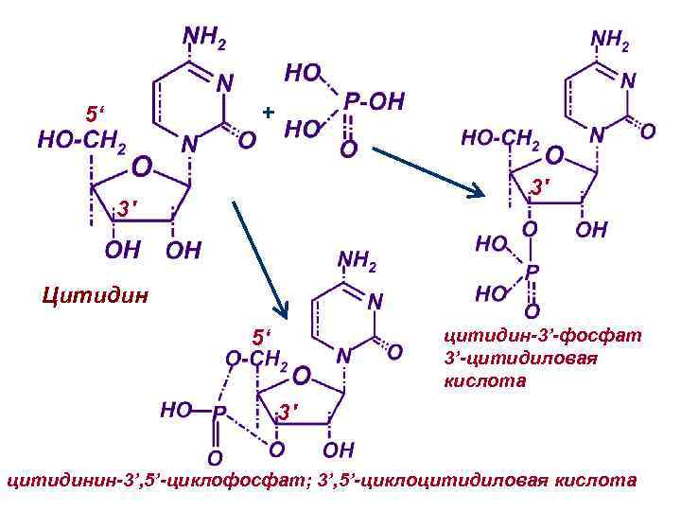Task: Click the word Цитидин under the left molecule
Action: [x=96, y=298]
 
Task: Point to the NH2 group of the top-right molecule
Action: [x=610, y=40]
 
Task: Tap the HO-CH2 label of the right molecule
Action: [x=500, y=138]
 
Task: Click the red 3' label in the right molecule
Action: [x=539, y=189]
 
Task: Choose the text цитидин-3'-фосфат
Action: [x=542, y=334]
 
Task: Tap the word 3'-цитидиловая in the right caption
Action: [x=520, y=358]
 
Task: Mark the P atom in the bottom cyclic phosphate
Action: [x=218, y=413]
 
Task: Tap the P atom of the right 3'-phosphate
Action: [x=532, y=271]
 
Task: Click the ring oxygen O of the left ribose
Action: [x=140, y=167]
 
